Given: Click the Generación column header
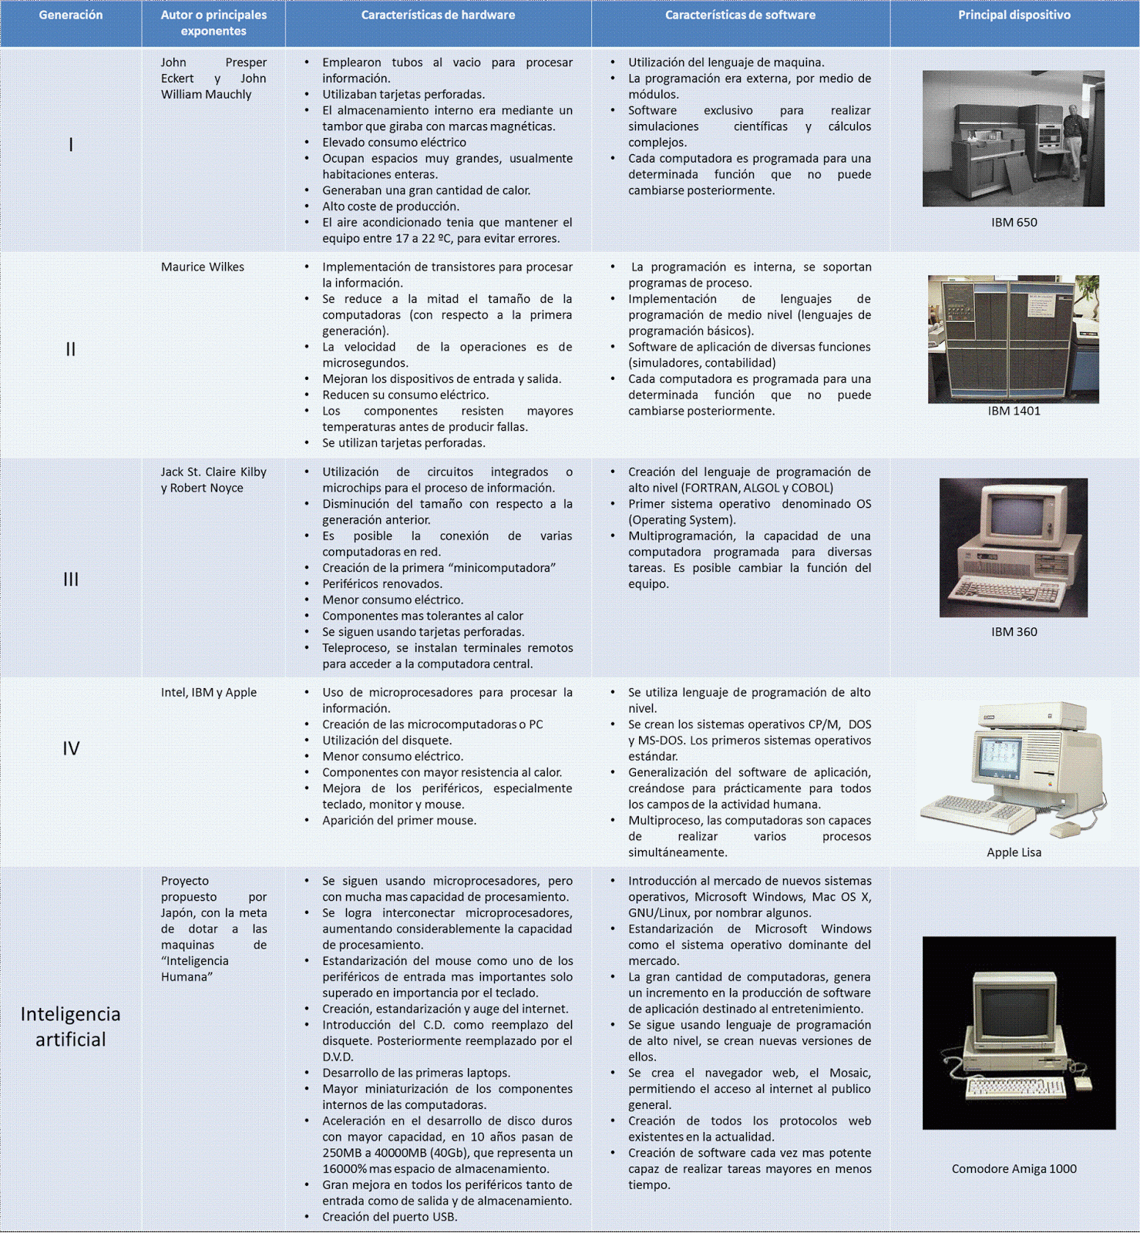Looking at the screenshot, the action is coord(70,15).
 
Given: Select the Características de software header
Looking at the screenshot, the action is coord(740,15).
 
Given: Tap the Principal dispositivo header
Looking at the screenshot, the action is coord(1014,15).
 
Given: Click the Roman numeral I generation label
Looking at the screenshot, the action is coord(71,144).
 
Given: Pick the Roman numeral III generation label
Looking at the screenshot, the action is coord(71,579).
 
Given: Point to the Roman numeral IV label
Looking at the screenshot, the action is coord(71,748).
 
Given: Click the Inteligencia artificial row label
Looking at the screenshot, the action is coord(70,1026).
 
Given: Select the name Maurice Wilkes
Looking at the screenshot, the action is coord(203,267).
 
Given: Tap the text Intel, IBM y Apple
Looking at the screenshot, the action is coord(209,692).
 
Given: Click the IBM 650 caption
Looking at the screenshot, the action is coord(1014,222).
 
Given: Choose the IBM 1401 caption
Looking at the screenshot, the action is coord(1014,411).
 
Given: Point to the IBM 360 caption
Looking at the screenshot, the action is coord(1014,631).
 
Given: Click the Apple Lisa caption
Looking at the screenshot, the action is coord(1014,852).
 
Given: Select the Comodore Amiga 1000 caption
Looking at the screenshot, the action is coord(1014,1168).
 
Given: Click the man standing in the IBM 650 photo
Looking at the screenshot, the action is coord(1074,146).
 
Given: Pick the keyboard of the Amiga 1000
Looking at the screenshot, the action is coord(1016,1088).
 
